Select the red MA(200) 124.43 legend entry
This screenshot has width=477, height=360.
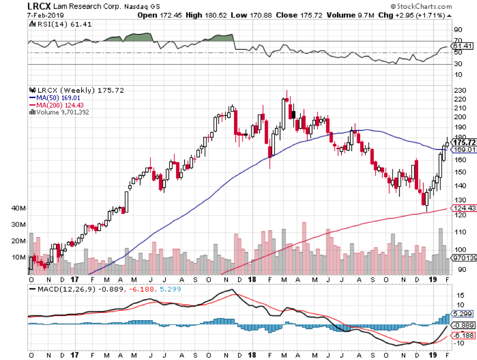61,104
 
